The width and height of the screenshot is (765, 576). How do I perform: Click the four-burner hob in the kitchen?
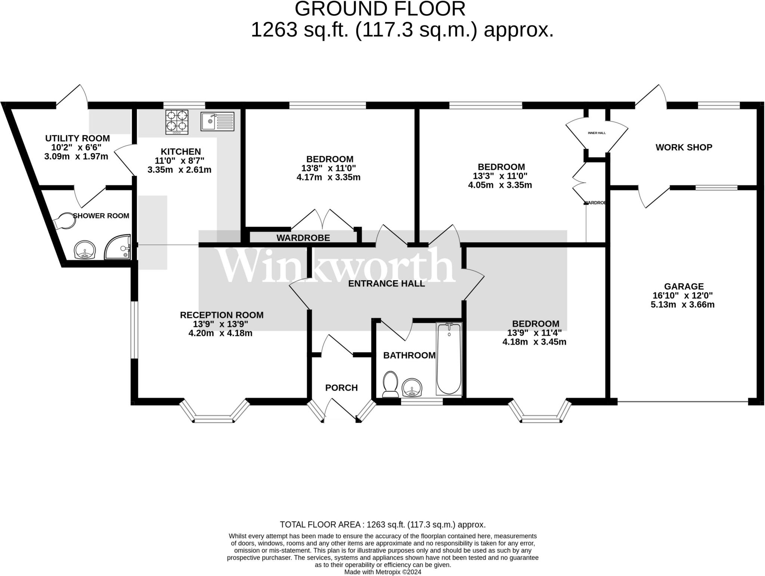(x=177, y=122)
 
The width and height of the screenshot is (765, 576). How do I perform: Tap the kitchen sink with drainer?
(x=217, y=121)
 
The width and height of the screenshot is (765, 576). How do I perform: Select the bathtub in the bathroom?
(x=449, y=359)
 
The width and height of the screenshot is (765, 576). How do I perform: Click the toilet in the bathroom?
(x=390, y=384)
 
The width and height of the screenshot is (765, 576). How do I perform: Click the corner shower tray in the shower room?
(x=118, y=247)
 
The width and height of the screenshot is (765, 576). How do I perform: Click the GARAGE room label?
(x=684, y=287)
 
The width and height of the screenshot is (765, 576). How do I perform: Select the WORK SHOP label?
(x=684, y=147)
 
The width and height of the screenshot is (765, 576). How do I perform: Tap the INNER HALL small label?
(x=597, y=133)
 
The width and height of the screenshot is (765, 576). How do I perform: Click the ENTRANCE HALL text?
(x=387, y=284)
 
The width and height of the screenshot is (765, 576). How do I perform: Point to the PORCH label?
(x=341, y=388)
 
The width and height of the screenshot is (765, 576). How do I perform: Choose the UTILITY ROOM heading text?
(x=78, y=138)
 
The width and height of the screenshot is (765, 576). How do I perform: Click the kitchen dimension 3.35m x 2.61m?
(x=180, y=170)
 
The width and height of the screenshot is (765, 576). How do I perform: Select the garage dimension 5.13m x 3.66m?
(x=683, y=304)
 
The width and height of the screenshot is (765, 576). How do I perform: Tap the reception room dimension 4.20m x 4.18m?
(x=220, y=333)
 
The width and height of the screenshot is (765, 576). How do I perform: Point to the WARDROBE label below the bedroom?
(x=303, y=238)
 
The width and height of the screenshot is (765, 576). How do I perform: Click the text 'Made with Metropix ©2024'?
(x=383, y=572)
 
